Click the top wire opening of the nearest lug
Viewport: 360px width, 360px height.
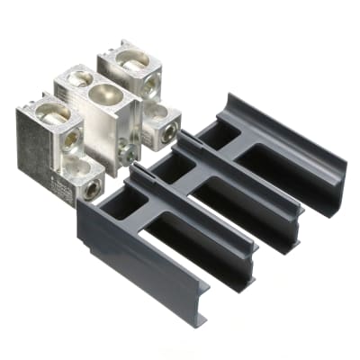click(x=53, y=113)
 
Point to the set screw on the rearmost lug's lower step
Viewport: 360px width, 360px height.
click(x=168, y=132)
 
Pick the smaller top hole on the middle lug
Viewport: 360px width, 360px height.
click(x=77, y=80)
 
